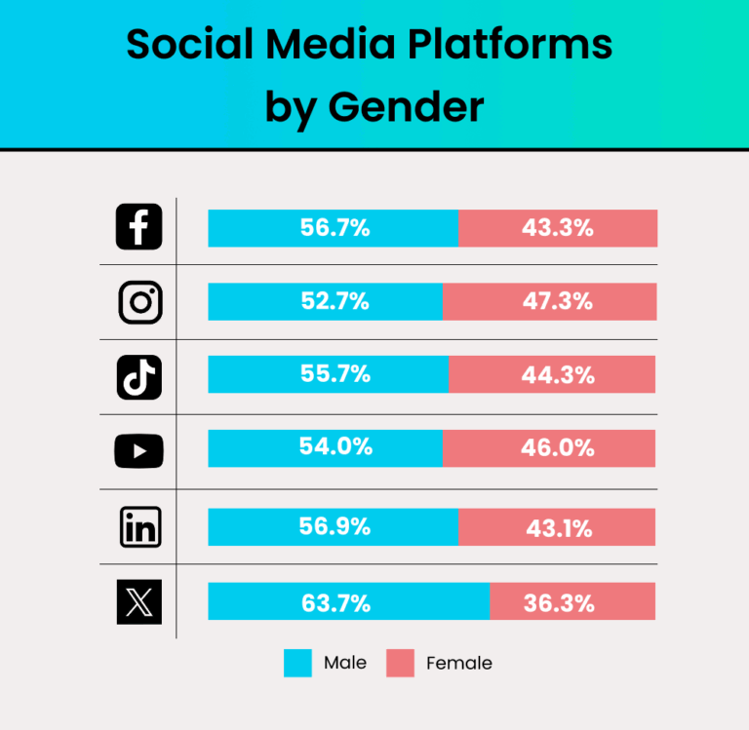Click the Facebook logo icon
139,227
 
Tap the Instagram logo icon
139,301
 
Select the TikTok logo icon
139,376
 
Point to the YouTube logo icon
139,450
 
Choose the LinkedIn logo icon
139,526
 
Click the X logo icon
139,601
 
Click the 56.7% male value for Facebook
335,228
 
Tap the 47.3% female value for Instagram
558,301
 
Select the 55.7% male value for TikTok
335,373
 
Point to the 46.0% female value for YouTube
558,447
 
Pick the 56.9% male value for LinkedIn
335,526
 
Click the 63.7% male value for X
335,602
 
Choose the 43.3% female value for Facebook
558,228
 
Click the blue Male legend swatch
297,663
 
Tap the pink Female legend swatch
400,663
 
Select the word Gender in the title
406,107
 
